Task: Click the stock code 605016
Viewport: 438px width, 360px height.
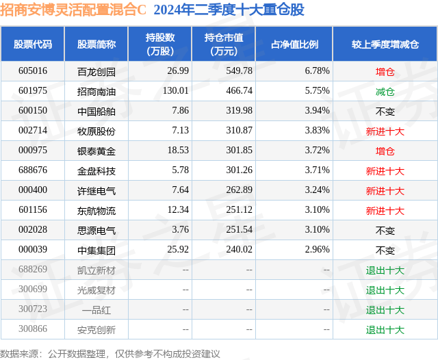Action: point(33,71)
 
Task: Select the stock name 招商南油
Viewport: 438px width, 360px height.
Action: point(96,91)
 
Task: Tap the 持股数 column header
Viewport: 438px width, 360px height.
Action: point(159,44)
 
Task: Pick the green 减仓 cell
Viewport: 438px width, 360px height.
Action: point(385,91)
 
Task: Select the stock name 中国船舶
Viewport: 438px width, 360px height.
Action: point(96,111)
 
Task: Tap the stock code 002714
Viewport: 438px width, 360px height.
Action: point(33,131)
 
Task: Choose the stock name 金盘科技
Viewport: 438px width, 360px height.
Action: point(96,170)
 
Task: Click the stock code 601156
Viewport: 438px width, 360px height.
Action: point(33,210)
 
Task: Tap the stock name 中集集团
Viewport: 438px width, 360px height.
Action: point(96,250)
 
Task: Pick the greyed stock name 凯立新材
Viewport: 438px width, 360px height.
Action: point(96,270)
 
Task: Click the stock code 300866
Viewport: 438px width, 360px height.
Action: point(33,329)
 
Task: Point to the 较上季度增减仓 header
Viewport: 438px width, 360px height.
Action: point(385,44)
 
